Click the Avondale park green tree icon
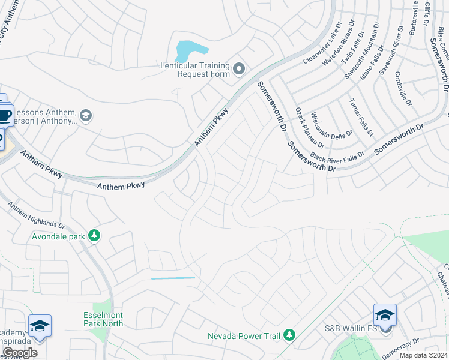(x=94, y=235)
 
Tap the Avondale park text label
(x=59, y=236)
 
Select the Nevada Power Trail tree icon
(x=289, y=334)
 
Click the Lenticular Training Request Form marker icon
(x=239, y=70)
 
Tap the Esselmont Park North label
(x=103, y=319)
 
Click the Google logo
(x=19, y=353)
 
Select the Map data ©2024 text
(x=423, y=355)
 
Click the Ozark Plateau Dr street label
(x=310, y=128)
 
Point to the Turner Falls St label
(x=361, y=116)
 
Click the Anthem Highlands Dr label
(x=36, y=214)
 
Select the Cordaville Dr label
(x=404, y=89)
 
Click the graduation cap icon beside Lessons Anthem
(x=85, y=115)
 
